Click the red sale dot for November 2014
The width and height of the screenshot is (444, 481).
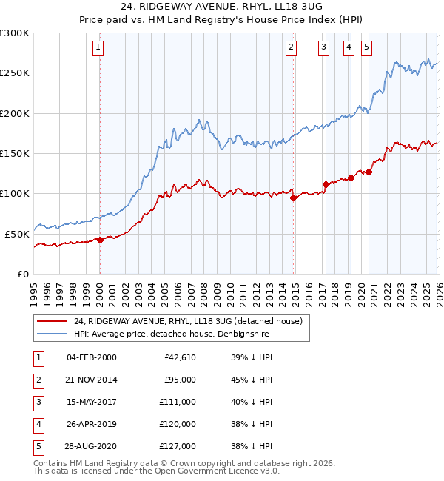tap(293, 198)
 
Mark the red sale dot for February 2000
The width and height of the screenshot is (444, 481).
tap(100, 240)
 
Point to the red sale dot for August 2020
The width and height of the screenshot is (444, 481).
tap(369, 172)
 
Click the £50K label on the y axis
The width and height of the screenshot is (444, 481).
tap(17, 234)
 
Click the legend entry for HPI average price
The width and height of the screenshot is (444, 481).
tap(170, 334)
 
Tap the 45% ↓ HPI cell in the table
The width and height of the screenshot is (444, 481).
tap(251, 380)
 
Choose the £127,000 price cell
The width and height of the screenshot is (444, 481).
tap(178, 446)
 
